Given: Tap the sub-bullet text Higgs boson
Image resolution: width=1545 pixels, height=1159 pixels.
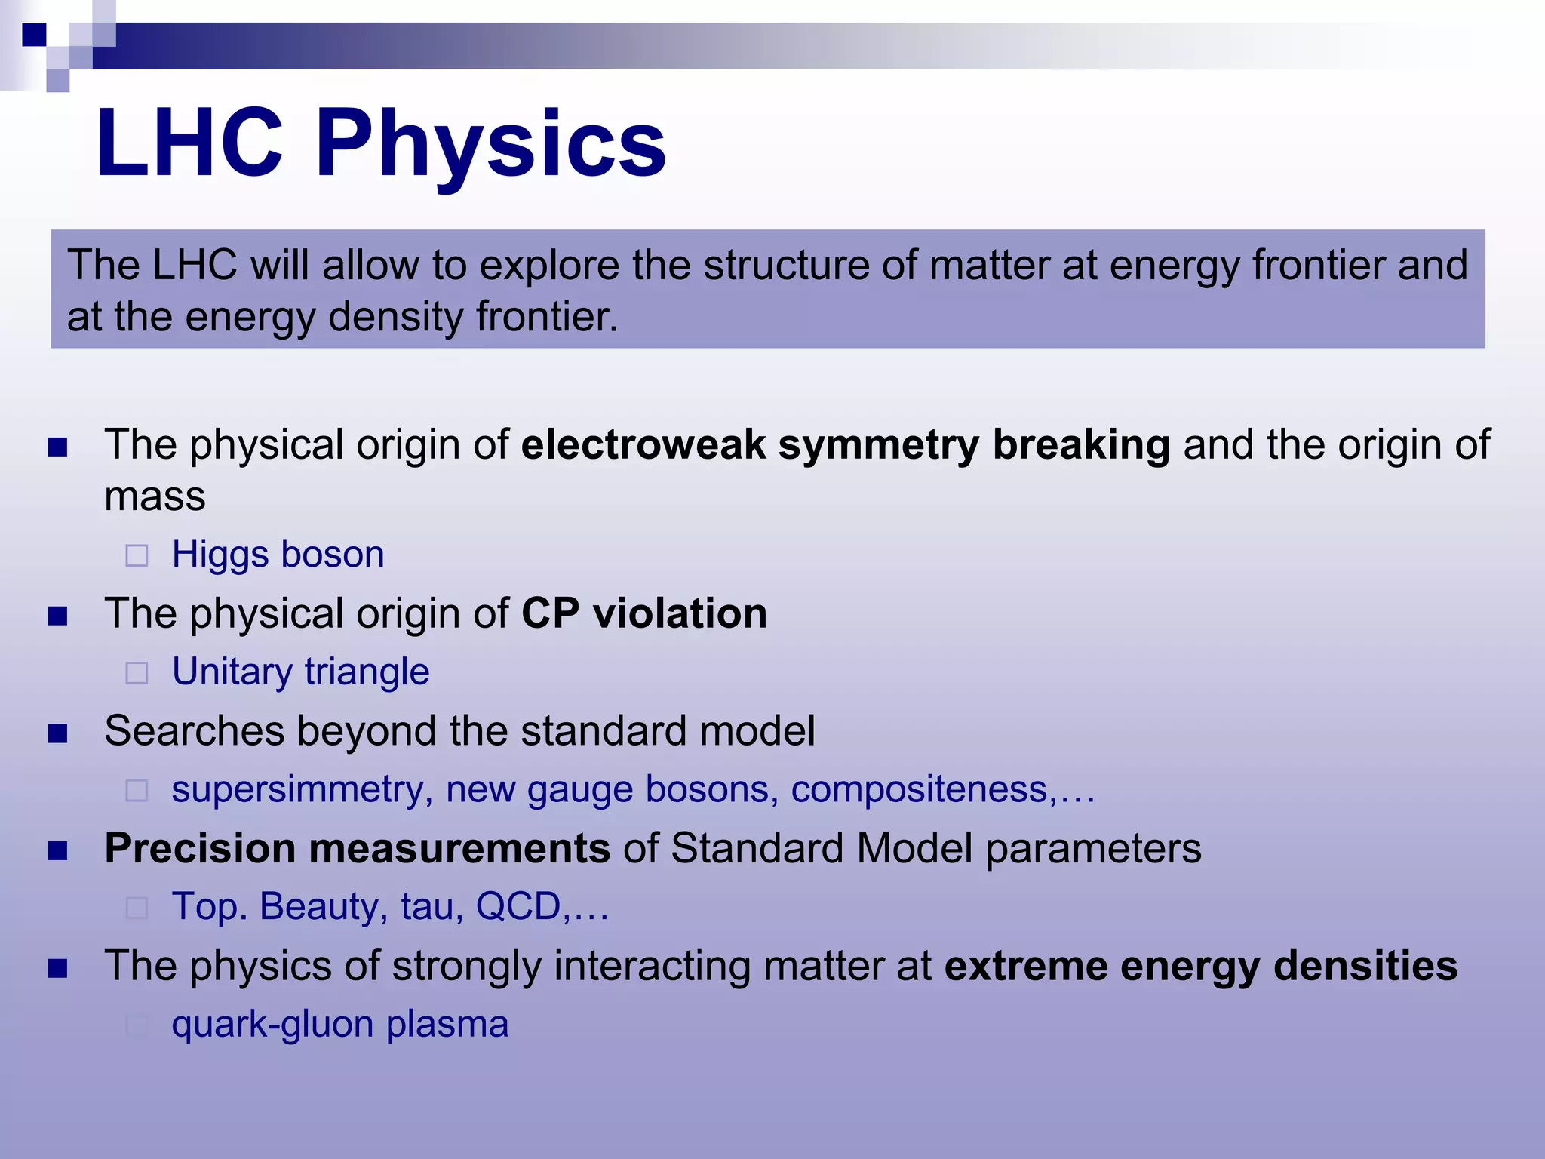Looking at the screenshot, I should pos(278,554).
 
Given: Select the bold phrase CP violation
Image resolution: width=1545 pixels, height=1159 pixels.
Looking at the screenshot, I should pos(643,613).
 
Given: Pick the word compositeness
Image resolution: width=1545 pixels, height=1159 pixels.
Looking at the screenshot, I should pos(919,789).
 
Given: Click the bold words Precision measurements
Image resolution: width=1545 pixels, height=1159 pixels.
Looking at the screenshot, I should pos(357,848).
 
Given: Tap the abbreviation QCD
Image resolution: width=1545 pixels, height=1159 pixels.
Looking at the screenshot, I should pos(518,906).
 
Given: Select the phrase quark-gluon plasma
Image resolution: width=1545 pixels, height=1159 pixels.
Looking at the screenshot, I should pos(339,1024).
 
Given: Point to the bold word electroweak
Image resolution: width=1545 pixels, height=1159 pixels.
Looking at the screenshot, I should pos(643,444).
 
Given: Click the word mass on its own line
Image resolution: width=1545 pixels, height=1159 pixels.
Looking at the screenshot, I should pos(155,496).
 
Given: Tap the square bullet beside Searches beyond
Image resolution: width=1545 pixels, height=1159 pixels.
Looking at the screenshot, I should pos(58,733).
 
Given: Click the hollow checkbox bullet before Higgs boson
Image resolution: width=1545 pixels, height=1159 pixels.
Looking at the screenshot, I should pos(137,556).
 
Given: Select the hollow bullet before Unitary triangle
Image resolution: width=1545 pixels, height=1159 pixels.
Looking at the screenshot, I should pos(137,673).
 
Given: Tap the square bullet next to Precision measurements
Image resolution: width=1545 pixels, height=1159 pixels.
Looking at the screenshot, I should pos(58,851).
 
